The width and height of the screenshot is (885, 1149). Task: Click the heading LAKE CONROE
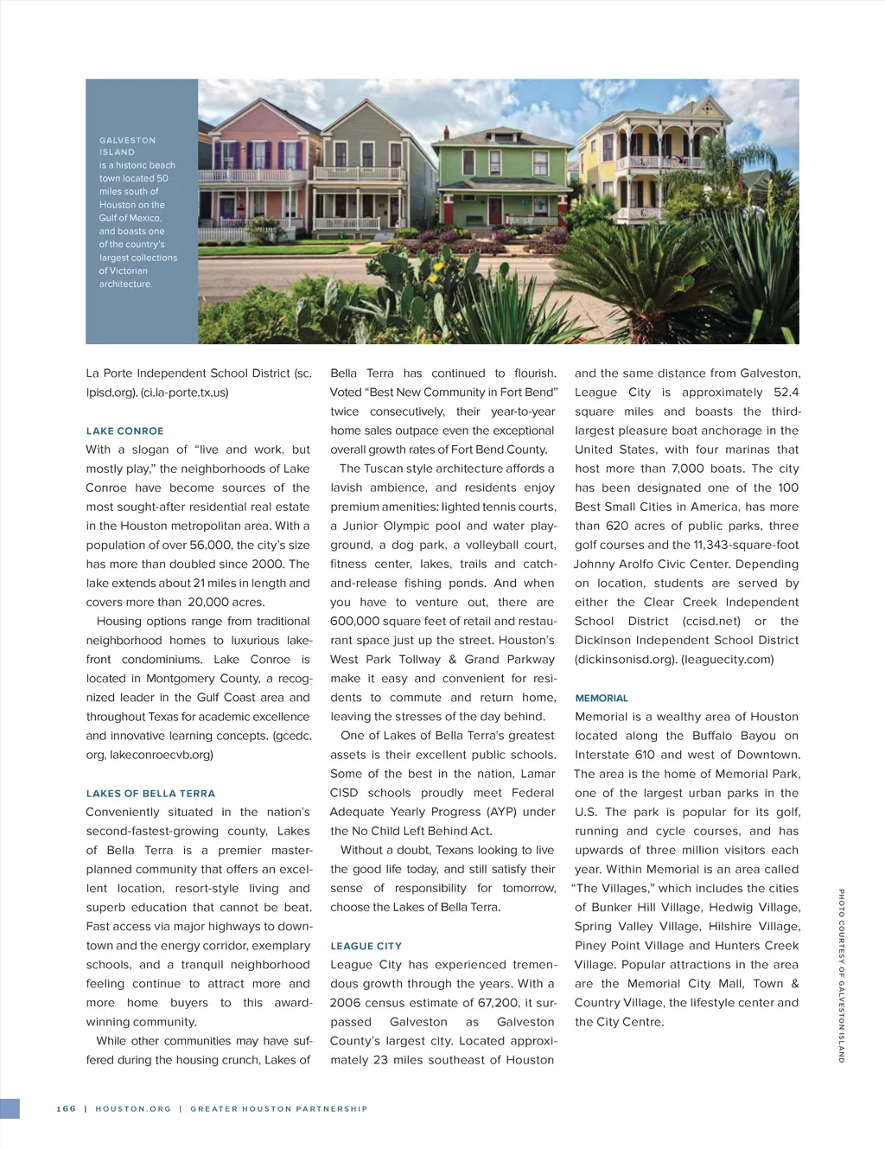124,431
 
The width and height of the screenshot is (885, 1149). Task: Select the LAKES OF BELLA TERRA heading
150,793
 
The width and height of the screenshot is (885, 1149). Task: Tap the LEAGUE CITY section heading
366,946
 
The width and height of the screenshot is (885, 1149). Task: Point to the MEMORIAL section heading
602,698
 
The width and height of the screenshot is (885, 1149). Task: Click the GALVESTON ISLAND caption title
127,145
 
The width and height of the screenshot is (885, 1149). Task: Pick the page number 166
67,1108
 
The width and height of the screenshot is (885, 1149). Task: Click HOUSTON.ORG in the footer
133,1108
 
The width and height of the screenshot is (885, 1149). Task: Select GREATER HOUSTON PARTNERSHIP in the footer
278,1108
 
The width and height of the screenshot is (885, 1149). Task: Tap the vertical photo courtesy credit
841,975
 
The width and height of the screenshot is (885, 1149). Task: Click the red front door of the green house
494,210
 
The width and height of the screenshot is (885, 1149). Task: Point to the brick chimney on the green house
446,133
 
